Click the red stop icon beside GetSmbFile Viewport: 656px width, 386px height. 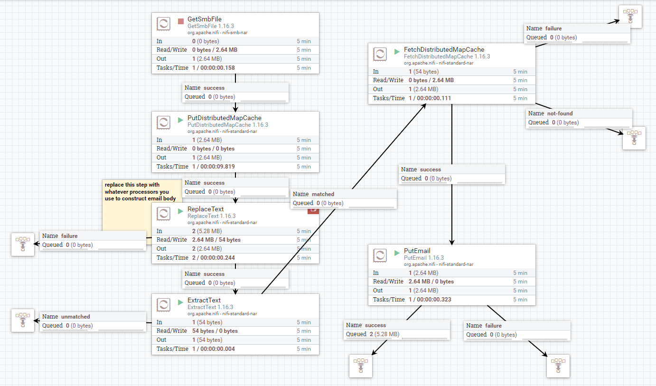[181, 21]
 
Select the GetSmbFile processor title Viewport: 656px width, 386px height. [205, 19]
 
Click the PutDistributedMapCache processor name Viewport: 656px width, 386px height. [225, 118]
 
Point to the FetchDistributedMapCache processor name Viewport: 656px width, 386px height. [444, 49]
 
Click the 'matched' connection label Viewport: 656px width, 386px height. [323, 194]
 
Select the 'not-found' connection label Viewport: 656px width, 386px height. [560, 113]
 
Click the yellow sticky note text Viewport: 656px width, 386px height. [140, 192]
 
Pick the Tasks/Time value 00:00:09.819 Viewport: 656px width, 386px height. [213, 167]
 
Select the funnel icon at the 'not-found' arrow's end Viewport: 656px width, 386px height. [634, 138]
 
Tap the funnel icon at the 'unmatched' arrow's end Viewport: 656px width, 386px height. [23, 320]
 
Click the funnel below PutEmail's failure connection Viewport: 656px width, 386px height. [558, 366]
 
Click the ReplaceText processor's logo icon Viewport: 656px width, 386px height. [164, 214]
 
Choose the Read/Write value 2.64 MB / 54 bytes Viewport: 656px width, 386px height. [216, 240]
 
